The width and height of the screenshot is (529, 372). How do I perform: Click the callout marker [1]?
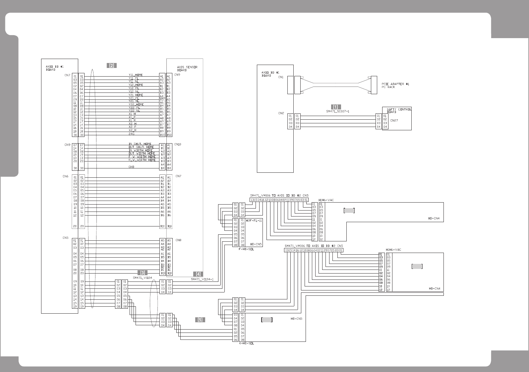click(x=336, y=107)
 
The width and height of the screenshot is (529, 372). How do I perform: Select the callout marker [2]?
click(x=112, y=65)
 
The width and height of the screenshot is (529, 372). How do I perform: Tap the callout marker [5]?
click(x=200, y=320)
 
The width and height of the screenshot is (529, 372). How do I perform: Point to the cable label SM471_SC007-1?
click(x=337, y=111)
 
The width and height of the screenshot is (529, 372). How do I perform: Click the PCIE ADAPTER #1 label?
click(x=395, y=84)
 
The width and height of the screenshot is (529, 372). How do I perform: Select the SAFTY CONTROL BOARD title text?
click(x=397, y=110)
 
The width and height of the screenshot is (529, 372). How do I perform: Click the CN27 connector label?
click(x=394, y=121)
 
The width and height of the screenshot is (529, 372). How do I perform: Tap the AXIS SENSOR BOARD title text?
click(x=187, y=68)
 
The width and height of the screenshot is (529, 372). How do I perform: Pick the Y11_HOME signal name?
click(x=136, y=75)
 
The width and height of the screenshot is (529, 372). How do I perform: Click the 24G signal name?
click(x=132, y=134)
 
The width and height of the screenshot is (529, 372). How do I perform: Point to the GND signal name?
click(x=132, y=167)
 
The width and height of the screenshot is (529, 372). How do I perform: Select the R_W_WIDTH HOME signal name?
click(x=142, y=160)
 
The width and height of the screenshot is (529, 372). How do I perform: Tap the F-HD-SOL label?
click(x=246, y=249)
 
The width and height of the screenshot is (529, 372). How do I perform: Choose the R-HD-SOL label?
click(x=247, y=343)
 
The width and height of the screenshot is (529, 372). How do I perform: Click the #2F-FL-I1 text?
click(x=254, y=220)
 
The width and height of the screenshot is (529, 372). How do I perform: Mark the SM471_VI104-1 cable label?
click(x=202, y=279)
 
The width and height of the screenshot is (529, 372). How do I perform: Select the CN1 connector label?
click(x=281, y=77)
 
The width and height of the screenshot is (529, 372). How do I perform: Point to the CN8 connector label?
click(x=178, y=240)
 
